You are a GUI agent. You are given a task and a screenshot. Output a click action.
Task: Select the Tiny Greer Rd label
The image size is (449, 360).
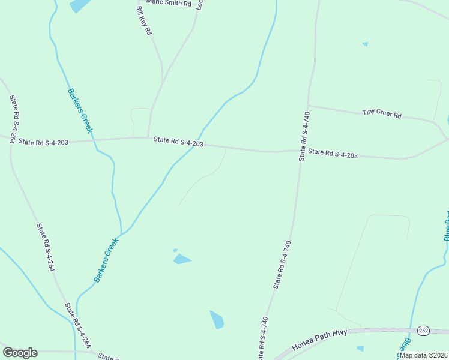382,113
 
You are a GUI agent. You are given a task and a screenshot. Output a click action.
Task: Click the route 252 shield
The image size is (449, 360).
424,331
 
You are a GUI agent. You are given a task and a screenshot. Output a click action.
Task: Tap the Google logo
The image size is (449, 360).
20,353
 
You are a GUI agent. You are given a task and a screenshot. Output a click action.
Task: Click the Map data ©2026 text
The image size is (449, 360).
423,355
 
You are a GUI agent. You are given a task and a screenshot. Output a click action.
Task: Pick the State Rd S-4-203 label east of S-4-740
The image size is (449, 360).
333,154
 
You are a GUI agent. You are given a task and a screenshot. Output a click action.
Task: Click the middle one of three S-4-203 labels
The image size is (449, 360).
178,142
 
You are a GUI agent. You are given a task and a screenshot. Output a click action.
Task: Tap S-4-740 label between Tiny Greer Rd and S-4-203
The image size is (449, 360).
305,136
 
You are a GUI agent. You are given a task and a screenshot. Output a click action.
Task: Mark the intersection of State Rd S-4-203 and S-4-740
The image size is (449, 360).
300,151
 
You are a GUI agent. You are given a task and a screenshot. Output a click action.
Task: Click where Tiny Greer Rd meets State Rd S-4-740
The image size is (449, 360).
308,106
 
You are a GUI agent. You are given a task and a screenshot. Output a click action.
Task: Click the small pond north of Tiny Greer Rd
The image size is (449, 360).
365,44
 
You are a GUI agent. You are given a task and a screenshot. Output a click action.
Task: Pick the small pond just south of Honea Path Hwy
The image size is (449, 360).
360,348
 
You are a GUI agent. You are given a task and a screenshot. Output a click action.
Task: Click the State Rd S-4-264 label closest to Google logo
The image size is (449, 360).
78,325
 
